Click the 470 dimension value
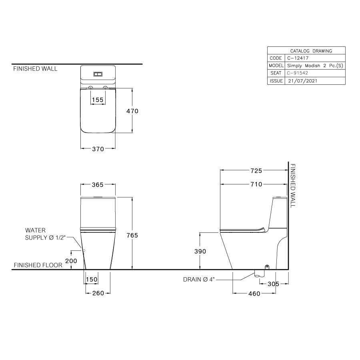tap(132, 111)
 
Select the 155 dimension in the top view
tap(98, 100)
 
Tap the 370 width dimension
tap(98, 149)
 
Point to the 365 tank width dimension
tap(98, 184)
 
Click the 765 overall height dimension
tap(132, 235)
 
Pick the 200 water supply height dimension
tap(72, 260)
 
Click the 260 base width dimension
tap(98, 293)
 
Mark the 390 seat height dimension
tap(200, 251)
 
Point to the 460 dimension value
tap(254, 294)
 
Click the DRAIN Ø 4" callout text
tap(199, 280)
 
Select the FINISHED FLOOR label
tap(38, 265)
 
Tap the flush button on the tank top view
tap(98, 74)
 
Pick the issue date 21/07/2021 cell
tap(303, 80)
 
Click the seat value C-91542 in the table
tap(297, 73)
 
